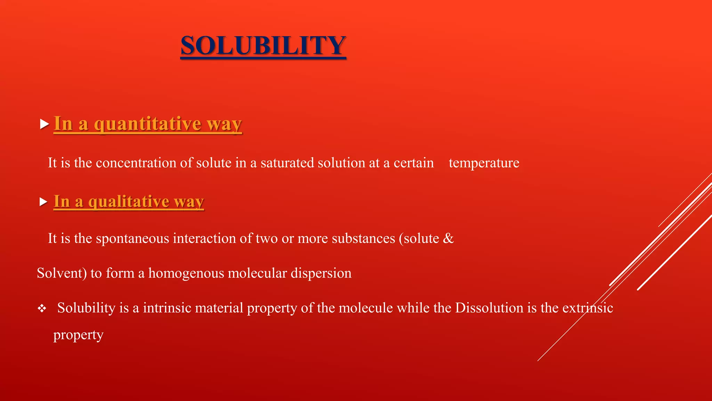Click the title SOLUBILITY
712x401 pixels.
(263, 46)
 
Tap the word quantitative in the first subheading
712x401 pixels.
(148, 124)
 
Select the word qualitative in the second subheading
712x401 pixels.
(129, 202)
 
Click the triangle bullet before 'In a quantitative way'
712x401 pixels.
(44, 124)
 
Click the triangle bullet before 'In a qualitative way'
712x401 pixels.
(43, 202)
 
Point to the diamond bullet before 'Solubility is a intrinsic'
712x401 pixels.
(42, 308)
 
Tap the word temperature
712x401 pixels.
(484, 163)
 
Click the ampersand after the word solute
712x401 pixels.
(448, 238)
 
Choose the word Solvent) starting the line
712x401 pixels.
(62, 273)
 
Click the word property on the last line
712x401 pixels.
(78, 335)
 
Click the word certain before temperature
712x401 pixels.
(414, 163)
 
